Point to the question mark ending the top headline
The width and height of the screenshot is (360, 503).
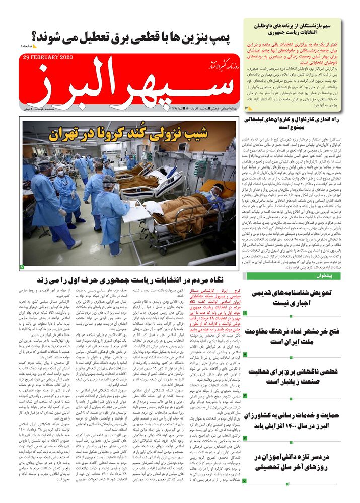36,36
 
